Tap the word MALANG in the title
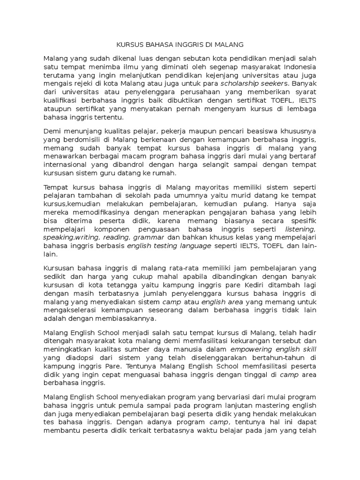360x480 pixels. pyautogui.click(x=229, y=45)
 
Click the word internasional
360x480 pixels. pyautogui.click(x=65, y=165)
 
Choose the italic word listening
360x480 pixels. pyautogui.click(x=300, y=229)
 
